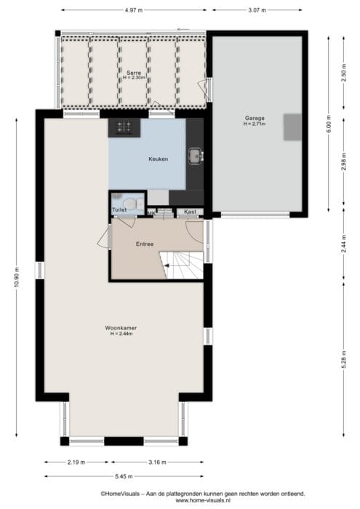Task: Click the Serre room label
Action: point(134,73)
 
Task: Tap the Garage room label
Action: point(255,118)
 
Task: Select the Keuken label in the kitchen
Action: point(159,159)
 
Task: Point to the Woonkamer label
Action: point(121,328)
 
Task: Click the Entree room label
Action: point(145,244)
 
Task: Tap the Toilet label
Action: point(119,210)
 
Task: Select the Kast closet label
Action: point(190,212)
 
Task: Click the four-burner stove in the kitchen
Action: point(124,127)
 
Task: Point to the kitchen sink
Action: point(196,156)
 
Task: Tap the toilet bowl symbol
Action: point(130,204)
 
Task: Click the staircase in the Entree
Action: point(182,265)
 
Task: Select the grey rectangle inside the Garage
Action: point(292,127)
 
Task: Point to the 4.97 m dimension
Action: point(134,10)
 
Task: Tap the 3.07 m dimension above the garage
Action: point(257,10)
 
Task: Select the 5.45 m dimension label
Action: point(124,476)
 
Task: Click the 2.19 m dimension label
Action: point(76,462)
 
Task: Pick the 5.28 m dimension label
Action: point(344,360)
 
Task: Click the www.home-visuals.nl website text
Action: point(203,500)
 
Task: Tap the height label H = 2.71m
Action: point(255,124)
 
